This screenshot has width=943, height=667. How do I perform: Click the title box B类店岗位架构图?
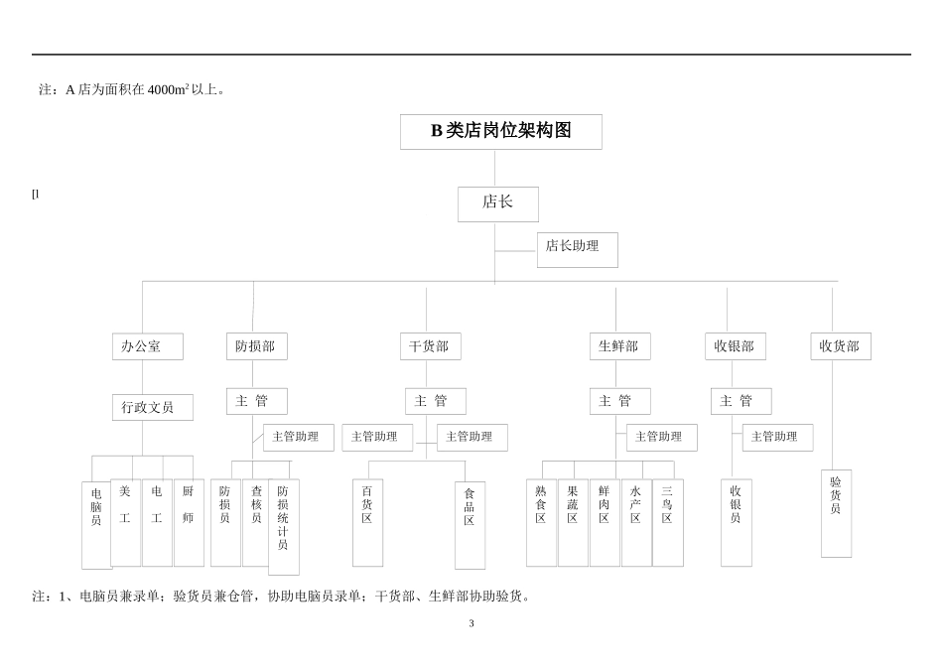point(500,131)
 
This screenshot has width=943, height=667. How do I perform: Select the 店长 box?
point(497,203)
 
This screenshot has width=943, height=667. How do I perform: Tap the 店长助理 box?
point(577,249)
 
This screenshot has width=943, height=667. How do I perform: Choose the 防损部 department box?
point(256,346)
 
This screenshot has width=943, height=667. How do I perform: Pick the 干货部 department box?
point(430,346)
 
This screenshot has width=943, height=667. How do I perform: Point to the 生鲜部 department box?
point(619,346)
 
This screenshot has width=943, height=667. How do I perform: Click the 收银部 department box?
point(735,346)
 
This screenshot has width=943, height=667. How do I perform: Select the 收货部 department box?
point(840,346)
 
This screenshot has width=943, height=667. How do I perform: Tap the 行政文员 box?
point(152,407)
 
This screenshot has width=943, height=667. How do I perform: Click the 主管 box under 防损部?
point(256,401)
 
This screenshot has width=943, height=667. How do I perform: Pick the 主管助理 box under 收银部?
point(776,437)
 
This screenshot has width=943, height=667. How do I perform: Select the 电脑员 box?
point(96,524)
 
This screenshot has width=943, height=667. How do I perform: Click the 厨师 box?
point(189,522)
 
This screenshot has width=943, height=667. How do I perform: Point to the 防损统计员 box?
point(283,526)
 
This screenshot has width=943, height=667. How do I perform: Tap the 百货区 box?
point(367,522)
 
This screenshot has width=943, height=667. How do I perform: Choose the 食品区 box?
point(470,525)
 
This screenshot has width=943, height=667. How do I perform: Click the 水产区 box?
point(635,522)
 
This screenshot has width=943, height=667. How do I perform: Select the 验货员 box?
point(836,512)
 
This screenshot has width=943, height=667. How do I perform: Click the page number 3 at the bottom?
point(471,623)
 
